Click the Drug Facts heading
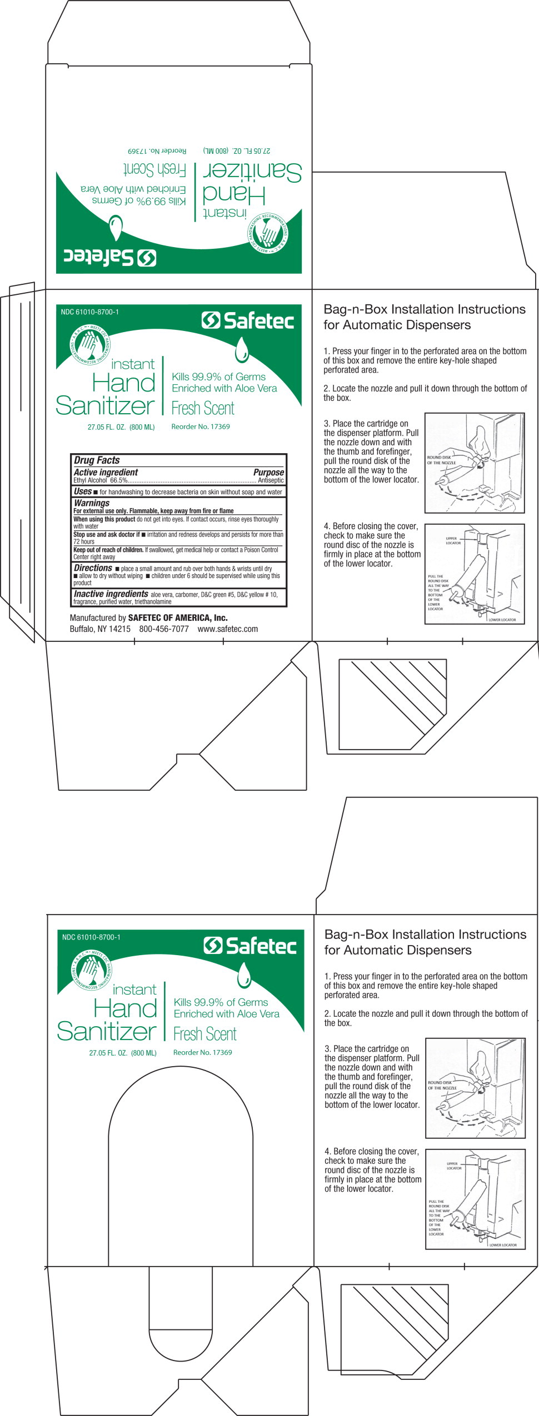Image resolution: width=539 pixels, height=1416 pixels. click(x=97, y=460)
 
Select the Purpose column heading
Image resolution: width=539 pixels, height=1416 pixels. click(x=268, y=472)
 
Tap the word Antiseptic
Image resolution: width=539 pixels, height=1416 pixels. click(x=271, y=480)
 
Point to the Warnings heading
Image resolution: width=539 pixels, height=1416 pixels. click(x=92, y=503)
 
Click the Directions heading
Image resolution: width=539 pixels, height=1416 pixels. click(x=93, y=568)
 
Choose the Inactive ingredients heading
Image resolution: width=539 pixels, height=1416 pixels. click(x=111, y=594)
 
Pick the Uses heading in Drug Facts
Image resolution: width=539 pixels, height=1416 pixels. click(x=82, y=491)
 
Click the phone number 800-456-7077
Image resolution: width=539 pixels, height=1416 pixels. click(x=164, y=629)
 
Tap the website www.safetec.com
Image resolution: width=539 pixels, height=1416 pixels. click(x=228, y=629)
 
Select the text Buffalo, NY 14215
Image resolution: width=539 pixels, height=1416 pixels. click(x=100, y=629)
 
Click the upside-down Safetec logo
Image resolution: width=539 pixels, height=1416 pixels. click(x=110, y=258)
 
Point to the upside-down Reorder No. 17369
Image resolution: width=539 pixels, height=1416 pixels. click(x=157, y=150)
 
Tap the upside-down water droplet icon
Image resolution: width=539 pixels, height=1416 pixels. click(x=116, y=228)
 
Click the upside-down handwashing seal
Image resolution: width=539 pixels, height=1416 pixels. click(x=268, y=233)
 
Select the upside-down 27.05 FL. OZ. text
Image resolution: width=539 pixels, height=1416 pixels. click(x=237, y=150)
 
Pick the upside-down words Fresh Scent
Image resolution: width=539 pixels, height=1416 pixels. click(x=154, y=169)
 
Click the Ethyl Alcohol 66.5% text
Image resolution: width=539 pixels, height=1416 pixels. click(x=101, y=480)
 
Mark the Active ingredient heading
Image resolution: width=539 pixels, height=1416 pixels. click(x=106, y=472)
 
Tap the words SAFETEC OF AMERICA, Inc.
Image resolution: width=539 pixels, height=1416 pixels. click(x=178, y=617)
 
